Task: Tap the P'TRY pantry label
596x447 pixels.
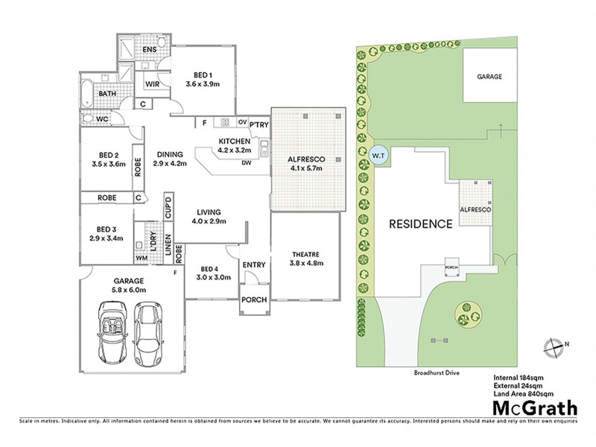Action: pos(258,124)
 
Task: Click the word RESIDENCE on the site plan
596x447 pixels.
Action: pos(419,223)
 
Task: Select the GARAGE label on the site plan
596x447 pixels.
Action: pos(489,76)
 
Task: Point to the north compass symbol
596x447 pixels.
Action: pos(552,345)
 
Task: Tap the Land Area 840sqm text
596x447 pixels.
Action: pos(523,393)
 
